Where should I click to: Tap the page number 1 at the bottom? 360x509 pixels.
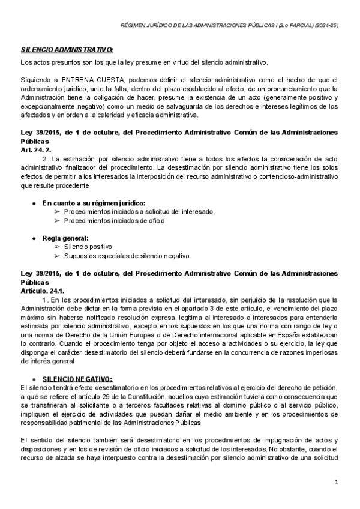point(337,482)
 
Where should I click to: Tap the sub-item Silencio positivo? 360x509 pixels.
point(88,247)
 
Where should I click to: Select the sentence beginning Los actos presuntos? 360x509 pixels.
point(144,62)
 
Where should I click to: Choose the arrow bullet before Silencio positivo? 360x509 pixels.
point(57,247)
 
